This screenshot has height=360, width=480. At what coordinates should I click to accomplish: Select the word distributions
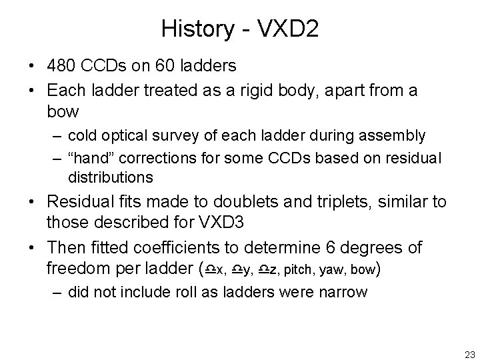pos(110,177)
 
